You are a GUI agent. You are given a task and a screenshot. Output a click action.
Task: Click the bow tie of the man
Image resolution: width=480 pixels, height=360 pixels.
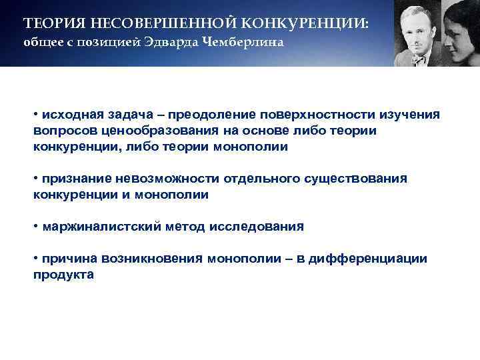click(x=418, y=59)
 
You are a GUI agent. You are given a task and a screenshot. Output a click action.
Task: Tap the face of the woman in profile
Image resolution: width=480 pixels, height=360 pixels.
click(x=459, y=33)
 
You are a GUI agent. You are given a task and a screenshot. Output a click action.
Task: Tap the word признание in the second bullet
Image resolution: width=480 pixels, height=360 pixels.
click(x=76, y=179)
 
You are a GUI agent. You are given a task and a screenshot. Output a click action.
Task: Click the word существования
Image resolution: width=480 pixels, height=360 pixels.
click(x=353, y=179)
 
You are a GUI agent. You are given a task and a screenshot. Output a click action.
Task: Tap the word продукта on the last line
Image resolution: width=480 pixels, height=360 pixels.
click(x=63, y=275)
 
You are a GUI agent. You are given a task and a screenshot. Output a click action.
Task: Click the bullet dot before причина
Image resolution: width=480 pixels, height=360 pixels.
click(x=36, y=259)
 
